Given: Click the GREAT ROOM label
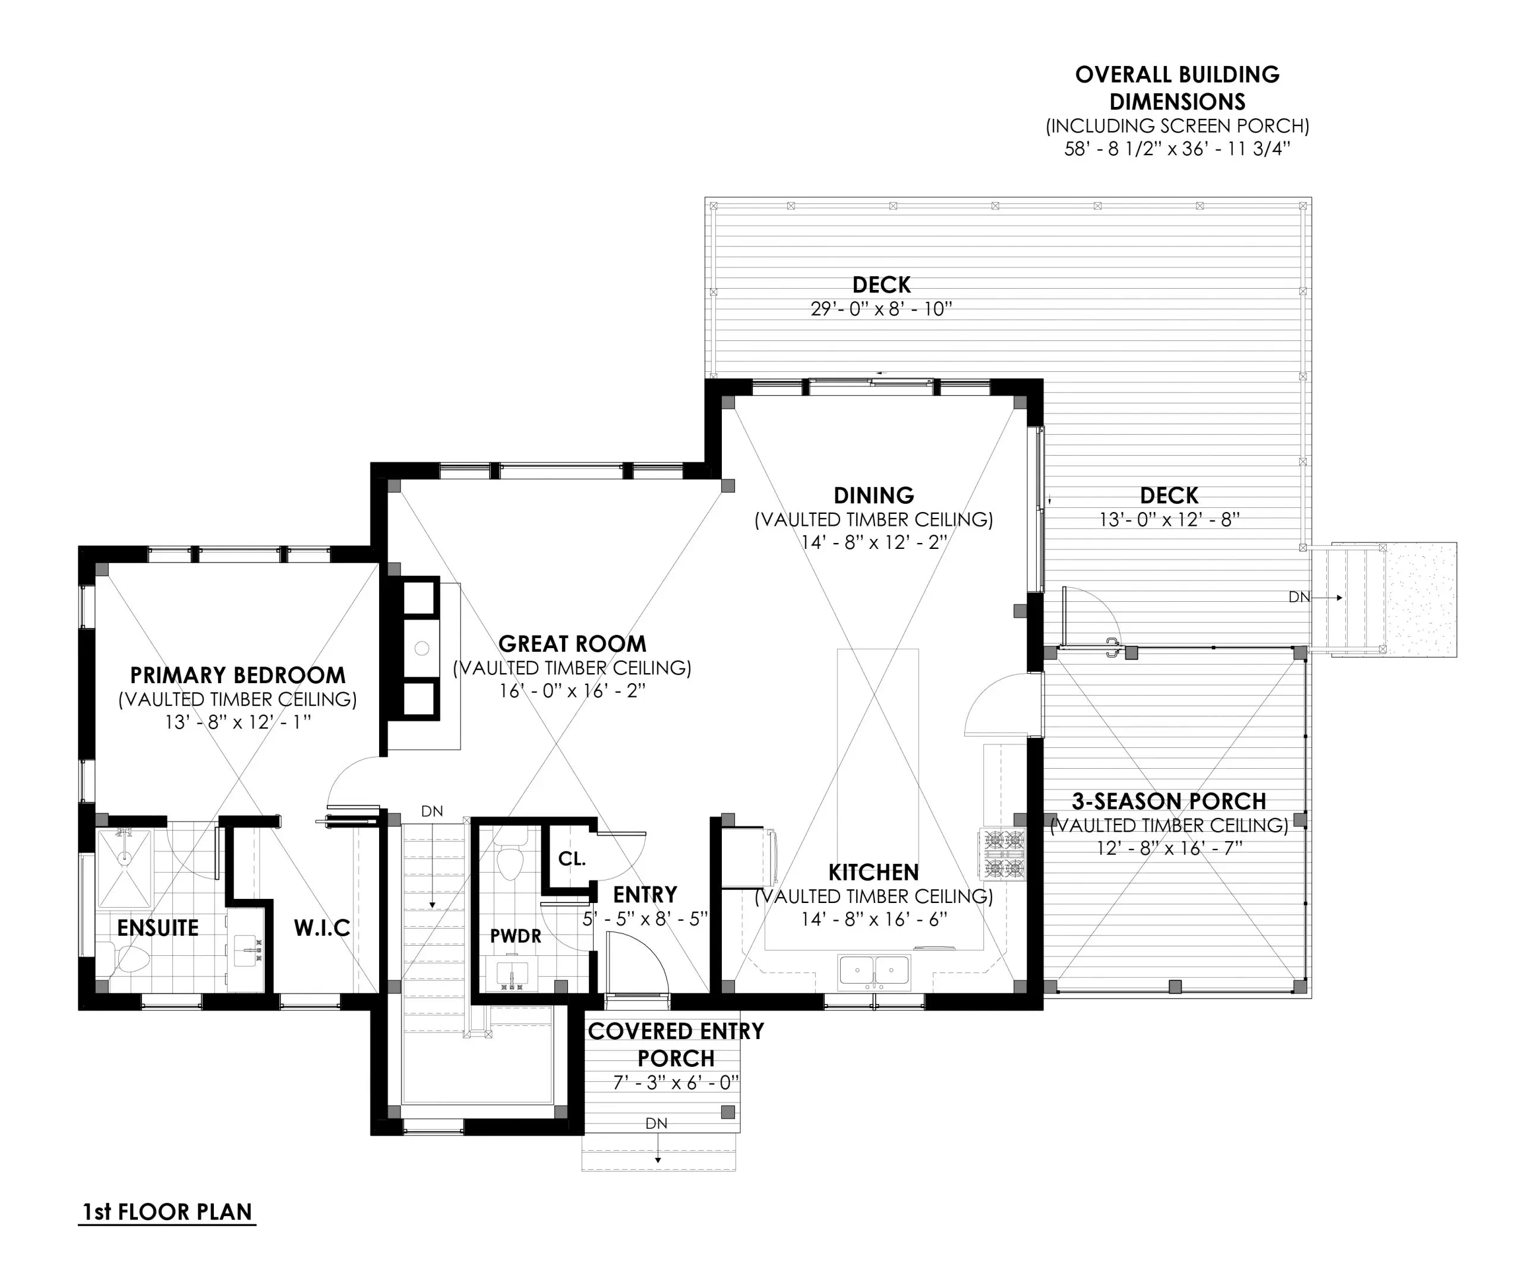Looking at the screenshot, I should click(x=572, y=644).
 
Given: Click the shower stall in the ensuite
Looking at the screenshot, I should click(x=125, y=869).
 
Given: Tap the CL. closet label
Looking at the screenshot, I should click(x=572, y=859).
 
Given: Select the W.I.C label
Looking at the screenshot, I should click(x=321, y=928).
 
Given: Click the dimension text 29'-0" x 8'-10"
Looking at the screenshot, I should click(x=881, y=310).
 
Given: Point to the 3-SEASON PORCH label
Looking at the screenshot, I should click(x=1168, y=801).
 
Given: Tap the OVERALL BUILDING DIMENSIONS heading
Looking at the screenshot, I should click(x=1177, y=88).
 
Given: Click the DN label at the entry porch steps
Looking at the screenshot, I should click(x=656, y=1123).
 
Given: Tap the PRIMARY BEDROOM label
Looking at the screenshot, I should click(x=238, y=675).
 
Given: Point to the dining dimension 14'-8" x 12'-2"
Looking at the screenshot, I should click(x=873, y=542).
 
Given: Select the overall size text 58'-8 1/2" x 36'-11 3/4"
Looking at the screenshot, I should click(x=1177, y=149).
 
